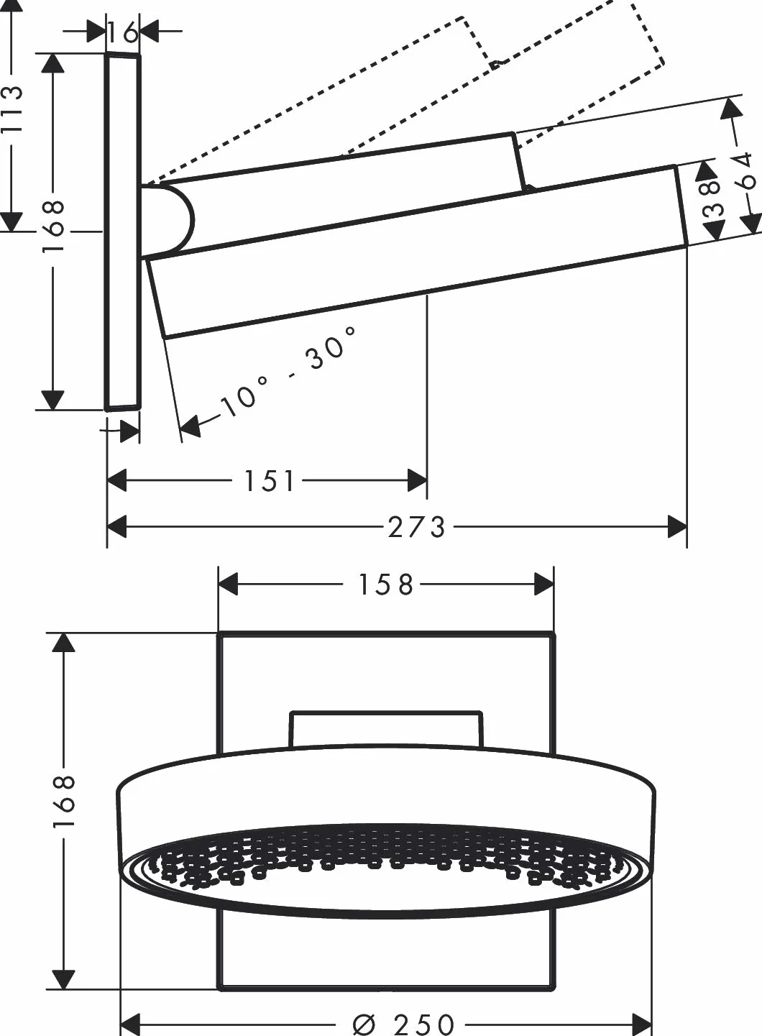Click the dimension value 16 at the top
122,32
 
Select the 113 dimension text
12,109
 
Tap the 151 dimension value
268,481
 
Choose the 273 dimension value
416,527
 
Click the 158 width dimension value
385,585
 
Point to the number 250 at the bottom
424,1024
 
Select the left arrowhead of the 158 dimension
227,584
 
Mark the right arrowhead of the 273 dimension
677,527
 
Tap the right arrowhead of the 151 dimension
417,480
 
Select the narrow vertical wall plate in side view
122,232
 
